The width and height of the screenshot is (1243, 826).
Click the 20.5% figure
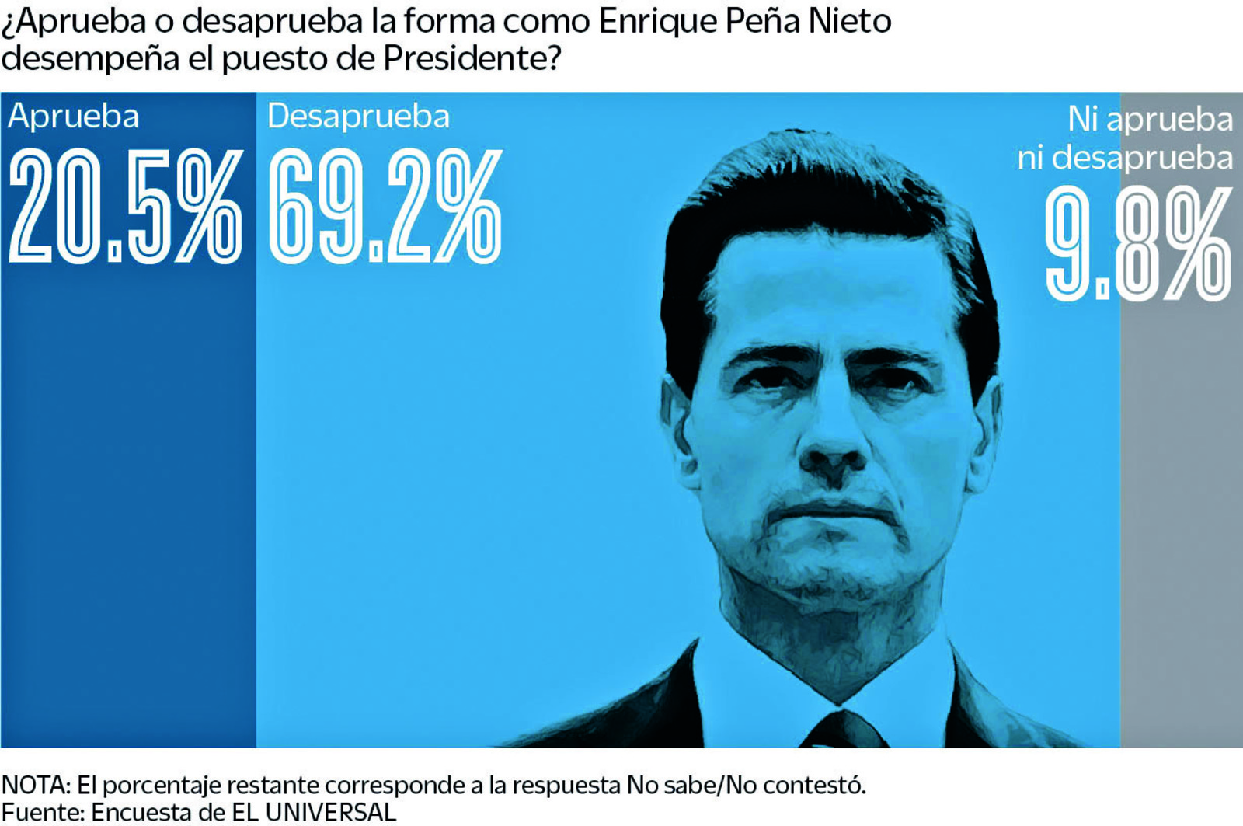point(125,207)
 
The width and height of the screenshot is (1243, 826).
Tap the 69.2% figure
point(385,207)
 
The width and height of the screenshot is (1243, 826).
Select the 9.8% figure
point(1137,244)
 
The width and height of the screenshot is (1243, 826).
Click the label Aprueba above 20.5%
point(74,117)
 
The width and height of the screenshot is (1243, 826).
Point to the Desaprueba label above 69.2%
point(358,117)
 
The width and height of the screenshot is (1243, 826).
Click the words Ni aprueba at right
point(1150,120)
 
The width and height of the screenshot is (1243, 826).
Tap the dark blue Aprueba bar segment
point(128,505)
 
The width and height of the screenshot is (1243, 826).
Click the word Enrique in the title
point(657,22)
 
